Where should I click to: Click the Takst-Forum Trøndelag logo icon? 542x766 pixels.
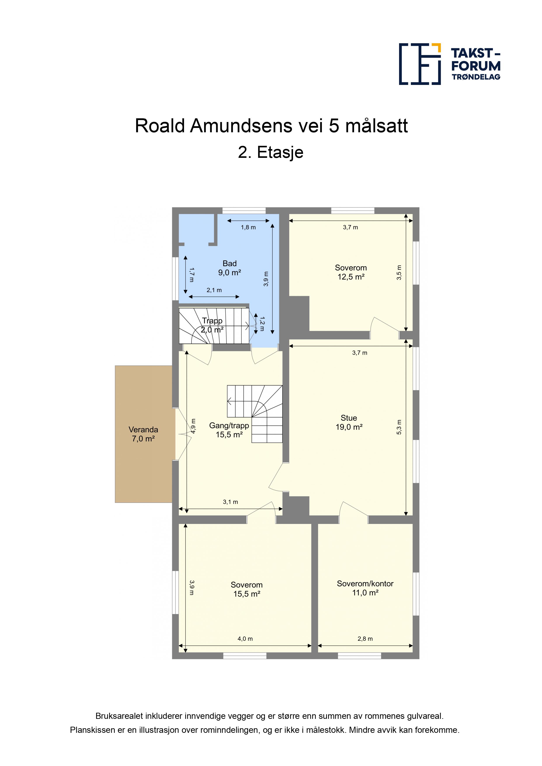(x=420, y=64)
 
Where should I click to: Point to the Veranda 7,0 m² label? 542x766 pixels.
(x=143, y=434)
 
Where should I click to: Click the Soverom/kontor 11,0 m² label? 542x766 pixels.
(x=365, y=588)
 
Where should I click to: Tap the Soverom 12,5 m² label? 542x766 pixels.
(x=351, y=272)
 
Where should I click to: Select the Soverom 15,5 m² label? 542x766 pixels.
(x=247, y=589)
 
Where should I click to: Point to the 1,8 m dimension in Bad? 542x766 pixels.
(x=248, y=227)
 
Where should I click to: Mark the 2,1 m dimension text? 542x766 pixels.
(x=214, y=290)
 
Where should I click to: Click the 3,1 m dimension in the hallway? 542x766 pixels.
(x=230, y=502)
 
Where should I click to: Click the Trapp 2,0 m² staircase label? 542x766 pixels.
(x=212, y=325)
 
